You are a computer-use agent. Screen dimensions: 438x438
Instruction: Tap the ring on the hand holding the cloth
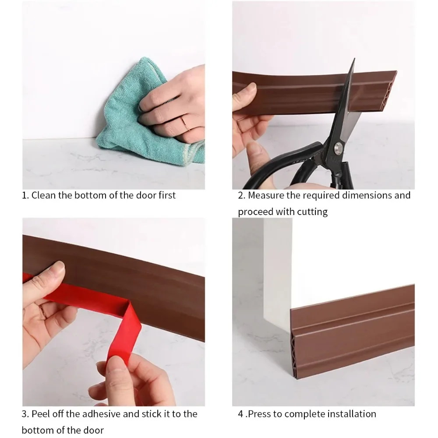[x=185, y=123]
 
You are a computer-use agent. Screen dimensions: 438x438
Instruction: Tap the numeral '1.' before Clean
[x=25, y=195]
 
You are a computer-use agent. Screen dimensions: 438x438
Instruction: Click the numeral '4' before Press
[x=240, y=414]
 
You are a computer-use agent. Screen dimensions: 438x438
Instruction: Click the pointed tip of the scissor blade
[x=354, y=59]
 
